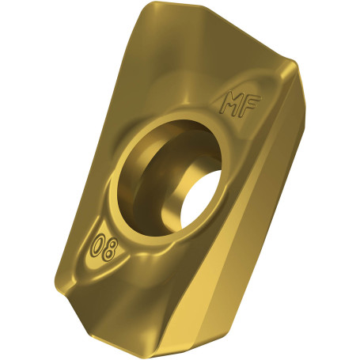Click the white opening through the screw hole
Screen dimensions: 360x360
201,199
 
